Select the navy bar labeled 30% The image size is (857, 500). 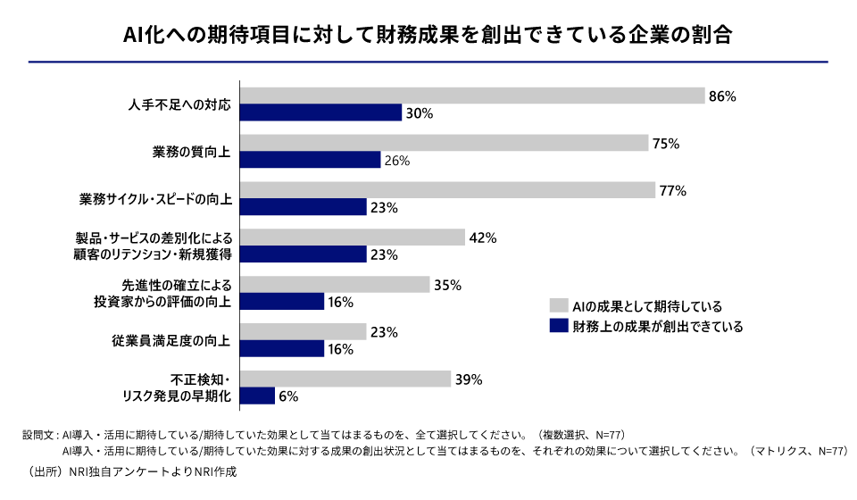(321, 112)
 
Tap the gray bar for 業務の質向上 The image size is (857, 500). (445, 143)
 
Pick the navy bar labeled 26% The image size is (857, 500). (311, 160)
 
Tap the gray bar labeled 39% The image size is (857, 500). (345, 379)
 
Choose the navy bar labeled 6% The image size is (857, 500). (257, 396)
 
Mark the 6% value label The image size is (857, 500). (288, 396)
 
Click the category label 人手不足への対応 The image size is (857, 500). (179, 104)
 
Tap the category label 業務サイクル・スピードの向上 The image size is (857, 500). (156, 199)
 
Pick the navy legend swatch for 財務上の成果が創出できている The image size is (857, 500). (559, 326)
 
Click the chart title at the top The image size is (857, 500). (428, 34)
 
